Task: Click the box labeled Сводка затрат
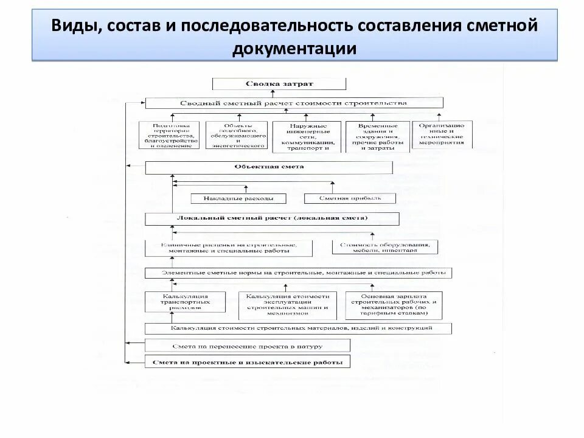coord(279,83)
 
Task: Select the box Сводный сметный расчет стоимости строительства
coord(293,103)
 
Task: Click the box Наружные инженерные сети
coord(306,137)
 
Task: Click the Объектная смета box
coord(269,167)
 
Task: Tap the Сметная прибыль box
coord(350,198)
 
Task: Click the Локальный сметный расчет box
coord(272,218)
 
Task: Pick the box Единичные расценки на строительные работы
coord(229,248)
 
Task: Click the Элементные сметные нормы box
coord(298,273)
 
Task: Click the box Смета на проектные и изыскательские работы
coord(248,363)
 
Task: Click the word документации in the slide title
coord(294,48)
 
